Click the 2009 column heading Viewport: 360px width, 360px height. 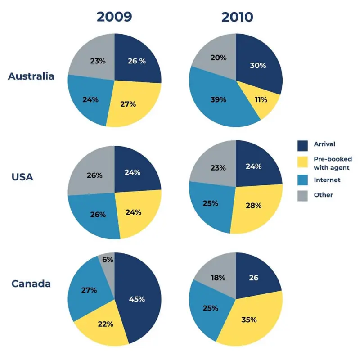point(114,17)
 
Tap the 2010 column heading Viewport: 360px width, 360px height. point(237,17)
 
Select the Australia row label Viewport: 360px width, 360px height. point(31,76)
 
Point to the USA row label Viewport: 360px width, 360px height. point(22,177)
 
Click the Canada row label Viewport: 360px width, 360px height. point(31,283)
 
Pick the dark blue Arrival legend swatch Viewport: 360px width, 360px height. point(303,145)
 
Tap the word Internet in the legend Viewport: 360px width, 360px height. point(327,180)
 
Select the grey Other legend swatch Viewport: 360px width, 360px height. point(303,195)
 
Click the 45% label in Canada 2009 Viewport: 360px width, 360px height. point(137,299)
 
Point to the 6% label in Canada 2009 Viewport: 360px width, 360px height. point(108,260)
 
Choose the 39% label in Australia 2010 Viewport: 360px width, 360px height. point(219,99)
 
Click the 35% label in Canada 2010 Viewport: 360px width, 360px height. point(249,320)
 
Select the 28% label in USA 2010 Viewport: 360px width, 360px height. point(254,206)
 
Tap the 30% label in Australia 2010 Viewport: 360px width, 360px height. point(258,65)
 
